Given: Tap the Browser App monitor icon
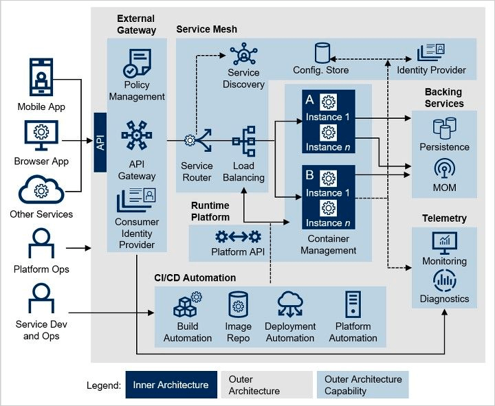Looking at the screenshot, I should [x=41, y=135].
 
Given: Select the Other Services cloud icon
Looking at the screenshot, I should [x=41, y=190].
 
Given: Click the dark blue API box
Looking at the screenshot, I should [x=100, y=142].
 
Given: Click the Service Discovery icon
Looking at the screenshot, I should [x=243, y=54].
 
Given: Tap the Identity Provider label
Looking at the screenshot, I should [x=431, y=70].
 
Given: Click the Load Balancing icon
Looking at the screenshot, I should [x=243, y=142].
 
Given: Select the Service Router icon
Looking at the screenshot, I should [x=191, y=141].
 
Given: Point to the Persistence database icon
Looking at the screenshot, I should [x=444, y=128].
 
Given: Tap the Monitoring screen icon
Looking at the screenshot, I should [x=444, y=243].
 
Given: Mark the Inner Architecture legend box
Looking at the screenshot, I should [x=170, y=385].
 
